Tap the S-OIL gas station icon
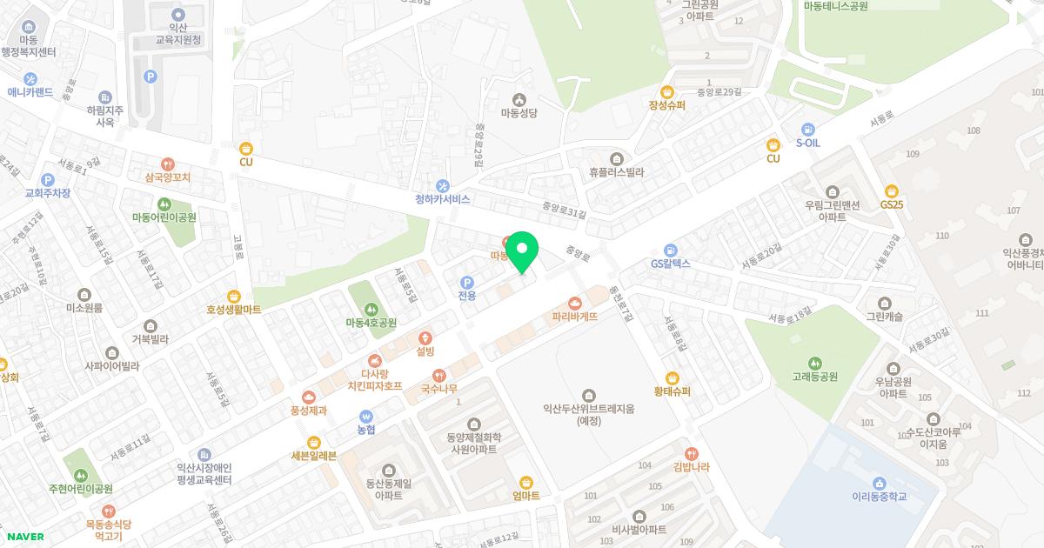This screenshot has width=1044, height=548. point(808,129)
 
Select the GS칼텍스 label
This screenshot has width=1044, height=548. point(670,264)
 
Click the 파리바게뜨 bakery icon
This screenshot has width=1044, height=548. point(574,303)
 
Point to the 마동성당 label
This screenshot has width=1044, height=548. point(520,113)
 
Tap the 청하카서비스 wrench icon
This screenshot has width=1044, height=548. point(443,184)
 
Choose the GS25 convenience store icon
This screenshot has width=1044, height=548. point(891,191)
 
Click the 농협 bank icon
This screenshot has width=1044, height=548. point(366,416)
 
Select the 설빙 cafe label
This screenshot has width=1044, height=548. point(425,352)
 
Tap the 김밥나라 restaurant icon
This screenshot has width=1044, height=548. point(692,453)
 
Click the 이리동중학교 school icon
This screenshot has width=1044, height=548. point(879,483)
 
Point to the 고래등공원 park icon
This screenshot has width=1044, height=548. point(815,363)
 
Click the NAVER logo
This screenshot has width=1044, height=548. point(26,537)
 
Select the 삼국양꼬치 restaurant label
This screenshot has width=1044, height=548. point(168,177)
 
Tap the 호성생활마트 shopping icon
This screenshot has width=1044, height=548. point(233,296)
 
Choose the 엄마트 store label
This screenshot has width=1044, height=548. point(526,496)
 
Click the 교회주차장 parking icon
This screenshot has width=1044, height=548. point(48,179)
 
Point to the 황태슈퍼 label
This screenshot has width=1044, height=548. point(673,391)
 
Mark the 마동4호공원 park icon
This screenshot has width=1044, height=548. point(371,308)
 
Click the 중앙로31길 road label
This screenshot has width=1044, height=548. point(564,211)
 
